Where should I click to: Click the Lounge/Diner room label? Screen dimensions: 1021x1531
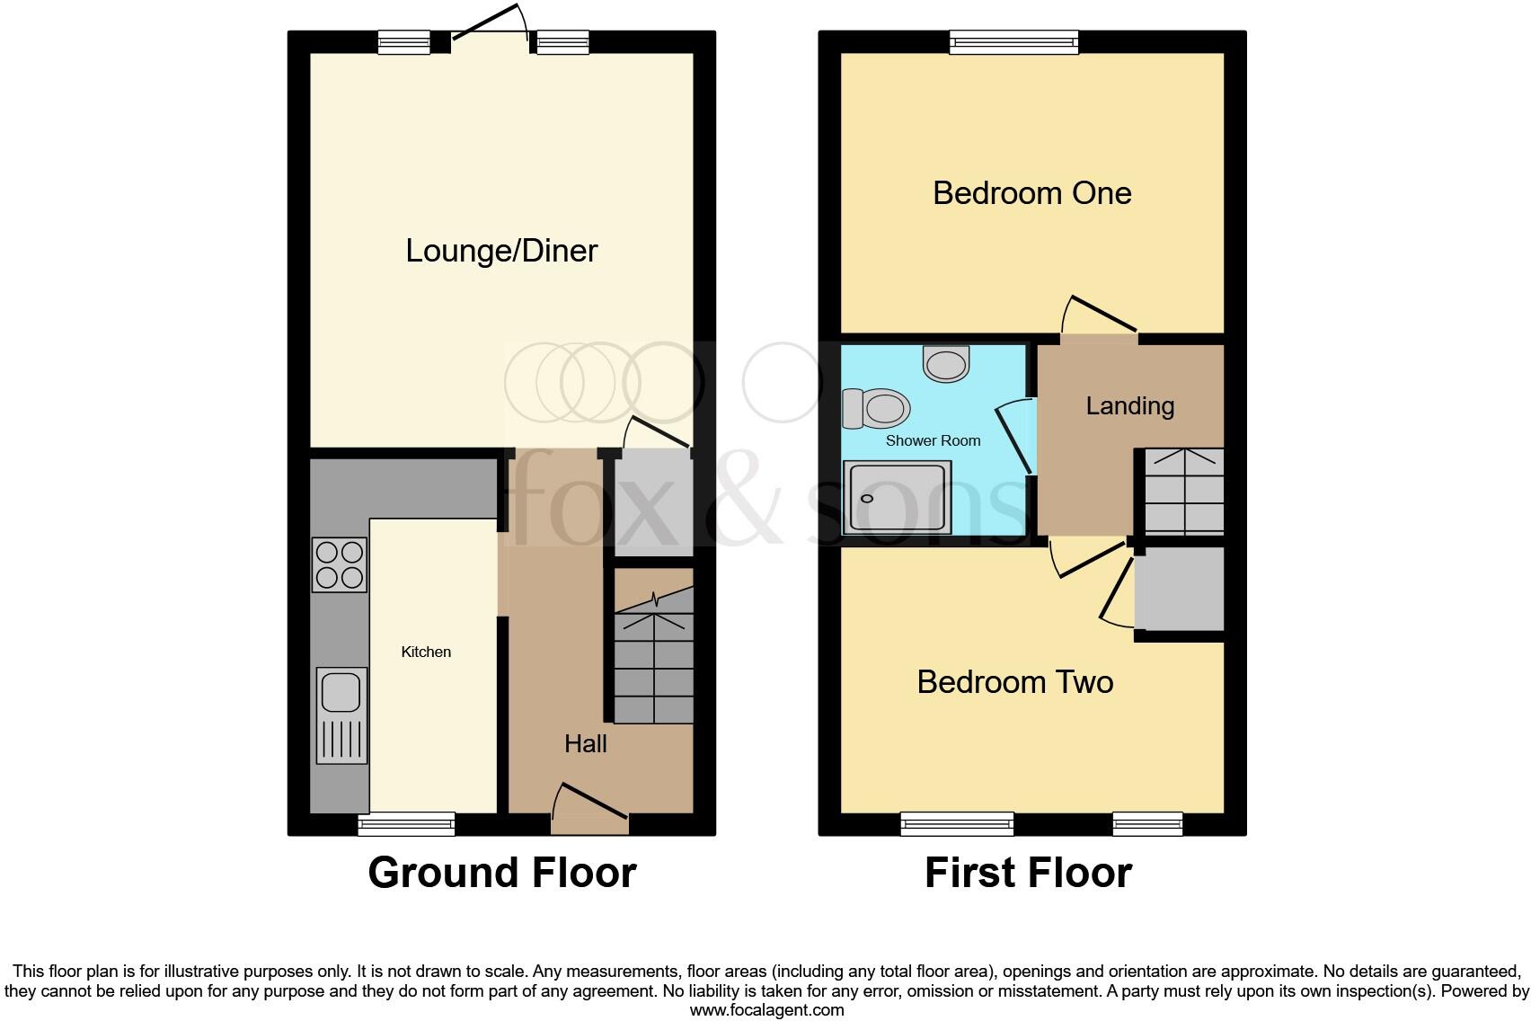click(501, 251)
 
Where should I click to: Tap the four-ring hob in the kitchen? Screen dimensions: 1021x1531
click(340, 564)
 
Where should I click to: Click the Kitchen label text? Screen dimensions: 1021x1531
click(426, 652)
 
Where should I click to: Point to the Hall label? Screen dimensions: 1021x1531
click(585, 743)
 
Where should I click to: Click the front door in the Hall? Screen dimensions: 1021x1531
click(589, 814)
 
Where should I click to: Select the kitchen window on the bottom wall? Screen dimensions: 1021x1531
click(406, 823)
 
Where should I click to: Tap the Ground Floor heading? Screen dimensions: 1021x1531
click(501, 873)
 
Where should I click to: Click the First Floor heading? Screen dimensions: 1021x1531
click(1028, 873)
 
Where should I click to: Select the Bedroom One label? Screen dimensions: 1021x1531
click(1031, 193)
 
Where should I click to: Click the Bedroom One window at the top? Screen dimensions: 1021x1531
click(1014, 41)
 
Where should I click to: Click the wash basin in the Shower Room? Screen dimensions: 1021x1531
click(946, 364)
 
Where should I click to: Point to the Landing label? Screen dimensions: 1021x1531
click(1129, 405)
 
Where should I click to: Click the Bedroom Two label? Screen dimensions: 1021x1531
click(1014, 682)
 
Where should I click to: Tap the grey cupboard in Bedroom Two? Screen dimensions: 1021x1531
click(1180, 590)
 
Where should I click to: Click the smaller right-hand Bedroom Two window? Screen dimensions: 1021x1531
click(1147, 823)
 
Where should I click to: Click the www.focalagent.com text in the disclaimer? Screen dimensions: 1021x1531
click(766, 1010)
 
